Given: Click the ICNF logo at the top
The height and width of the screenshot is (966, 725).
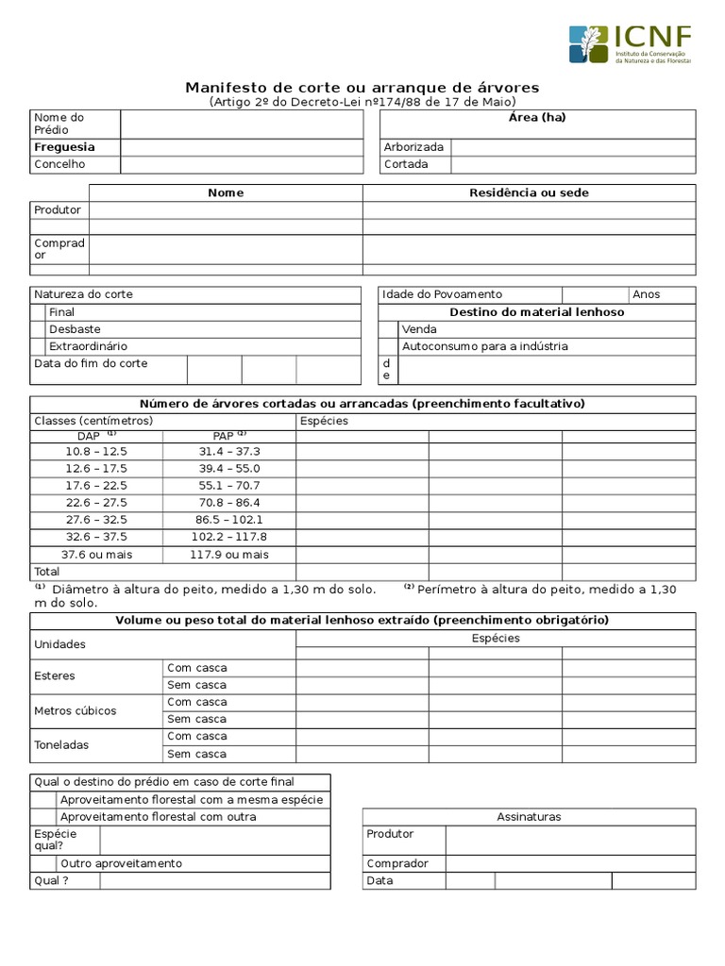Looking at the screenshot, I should click(x=630, y=44).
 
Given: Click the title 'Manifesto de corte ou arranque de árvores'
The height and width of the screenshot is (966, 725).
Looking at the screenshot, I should click(x=362, y=88).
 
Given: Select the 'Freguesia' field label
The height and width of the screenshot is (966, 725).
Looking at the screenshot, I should click(x=64, y=147).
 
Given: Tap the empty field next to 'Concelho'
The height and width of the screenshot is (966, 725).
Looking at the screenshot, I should click(x=241, y=164).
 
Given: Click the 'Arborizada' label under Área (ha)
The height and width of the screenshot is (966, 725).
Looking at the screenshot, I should click(x=413, y=147).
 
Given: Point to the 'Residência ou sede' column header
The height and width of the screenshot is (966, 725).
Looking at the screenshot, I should click(x=529, y=192).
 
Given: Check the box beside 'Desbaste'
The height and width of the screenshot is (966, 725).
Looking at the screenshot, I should click(x=38, y=329).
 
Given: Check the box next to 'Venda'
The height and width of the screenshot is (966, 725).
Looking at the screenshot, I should click(x=388, y=329).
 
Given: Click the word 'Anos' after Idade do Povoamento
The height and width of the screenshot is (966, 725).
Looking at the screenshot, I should click(x=647, y=294).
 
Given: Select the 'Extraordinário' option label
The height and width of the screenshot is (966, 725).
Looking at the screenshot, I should click(x=88, y=346).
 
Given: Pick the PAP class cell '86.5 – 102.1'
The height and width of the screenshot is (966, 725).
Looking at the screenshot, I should click(x=229, y=520).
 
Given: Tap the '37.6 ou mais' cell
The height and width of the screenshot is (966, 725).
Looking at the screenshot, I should click(x=96, y=555).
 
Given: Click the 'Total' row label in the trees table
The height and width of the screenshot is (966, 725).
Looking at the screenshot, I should click(x=47, y=572).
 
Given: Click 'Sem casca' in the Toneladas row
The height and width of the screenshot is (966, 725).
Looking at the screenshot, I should click(x=196, y=754).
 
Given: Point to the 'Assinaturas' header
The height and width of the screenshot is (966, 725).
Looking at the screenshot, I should click(x=529, y=817).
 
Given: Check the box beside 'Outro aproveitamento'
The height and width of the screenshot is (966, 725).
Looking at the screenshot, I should click(x=43, y=863).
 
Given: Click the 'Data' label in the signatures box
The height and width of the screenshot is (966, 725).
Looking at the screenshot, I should click(x=380, y=881).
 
